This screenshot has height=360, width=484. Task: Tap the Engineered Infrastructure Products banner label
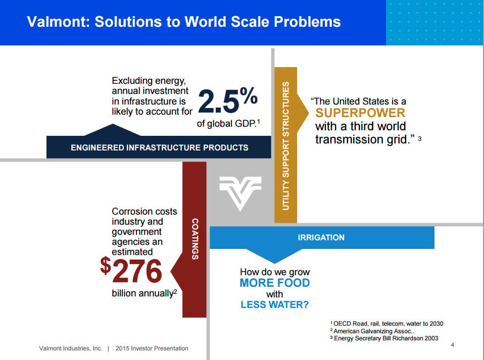(159, 148)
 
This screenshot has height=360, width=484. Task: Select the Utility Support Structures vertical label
(285, 146)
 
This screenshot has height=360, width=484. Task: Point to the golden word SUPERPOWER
(360, 113)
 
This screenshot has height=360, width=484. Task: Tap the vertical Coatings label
(195, 239)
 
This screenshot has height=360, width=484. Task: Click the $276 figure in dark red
(131, 270)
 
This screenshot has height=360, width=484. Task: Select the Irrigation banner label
(321, 237)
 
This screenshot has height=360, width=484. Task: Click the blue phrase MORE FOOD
(275, 283)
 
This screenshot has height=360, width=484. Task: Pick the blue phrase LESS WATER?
(275, 305)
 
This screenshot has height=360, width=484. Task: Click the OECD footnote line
(387, 324)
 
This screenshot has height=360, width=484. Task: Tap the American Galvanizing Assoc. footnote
(372, 331)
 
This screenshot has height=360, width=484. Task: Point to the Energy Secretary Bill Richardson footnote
(384, 338)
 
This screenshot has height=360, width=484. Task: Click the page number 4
(453, 345)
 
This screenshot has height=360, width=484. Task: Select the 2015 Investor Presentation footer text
(152, 348)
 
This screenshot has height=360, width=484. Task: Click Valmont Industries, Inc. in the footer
(70, 348)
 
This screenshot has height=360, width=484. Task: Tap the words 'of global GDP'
(226, 124)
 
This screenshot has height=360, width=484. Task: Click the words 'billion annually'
(142, 293)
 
